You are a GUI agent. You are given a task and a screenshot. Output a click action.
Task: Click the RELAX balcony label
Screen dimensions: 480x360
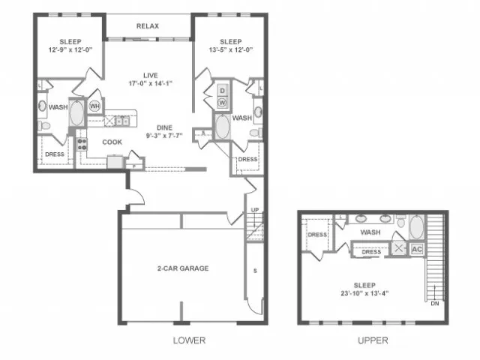[x=148, y=26]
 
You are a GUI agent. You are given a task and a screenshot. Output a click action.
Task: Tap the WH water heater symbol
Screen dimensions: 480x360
[x=94, y=106]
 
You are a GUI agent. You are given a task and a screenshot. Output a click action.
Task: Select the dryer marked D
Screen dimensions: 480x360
[x=223, y=91]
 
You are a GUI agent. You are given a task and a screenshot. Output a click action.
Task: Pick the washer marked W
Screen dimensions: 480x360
[x=223, y=103]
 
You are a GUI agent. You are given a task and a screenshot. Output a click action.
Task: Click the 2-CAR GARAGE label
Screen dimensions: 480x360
[x=183, y=268]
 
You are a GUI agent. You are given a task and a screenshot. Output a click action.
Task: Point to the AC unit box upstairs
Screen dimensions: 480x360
[x=417, y=249]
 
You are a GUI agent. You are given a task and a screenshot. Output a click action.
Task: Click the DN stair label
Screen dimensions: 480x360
[x=435, y=303]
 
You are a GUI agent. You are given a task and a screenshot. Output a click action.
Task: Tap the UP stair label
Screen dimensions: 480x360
[x=255, y=210]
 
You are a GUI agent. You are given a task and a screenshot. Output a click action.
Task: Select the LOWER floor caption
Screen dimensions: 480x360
[x=189, y=340]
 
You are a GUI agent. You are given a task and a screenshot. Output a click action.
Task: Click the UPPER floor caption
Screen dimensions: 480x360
[x=373, y=340]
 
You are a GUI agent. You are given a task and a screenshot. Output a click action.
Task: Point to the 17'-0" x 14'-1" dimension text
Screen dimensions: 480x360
[x=150, y=83]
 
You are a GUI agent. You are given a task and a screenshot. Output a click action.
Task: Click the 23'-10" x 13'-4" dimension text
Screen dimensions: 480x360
[x=364, y=293]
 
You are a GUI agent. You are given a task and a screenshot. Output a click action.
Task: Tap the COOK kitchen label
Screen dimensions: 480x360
[x=112, y=142]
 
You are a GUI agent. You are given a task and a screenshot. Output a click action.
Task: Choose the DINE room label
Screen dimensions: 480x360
[x=165, y=127]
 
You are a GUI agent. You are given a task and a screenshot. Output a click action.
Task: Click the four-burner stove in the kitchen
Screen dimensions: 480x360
[x=82, y=144]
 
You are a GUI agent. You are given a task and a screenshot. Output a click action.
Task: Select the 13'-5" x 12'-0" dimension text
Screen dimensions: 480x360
[x=231, y=49]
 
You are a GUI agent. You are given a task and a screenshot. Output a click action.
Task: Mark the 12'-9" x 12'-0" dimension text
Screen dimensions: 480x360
[x=70, y=49]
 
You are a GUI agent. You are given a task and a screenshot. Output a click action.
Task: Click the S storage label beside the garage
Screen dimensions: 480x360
[x=255, y=271]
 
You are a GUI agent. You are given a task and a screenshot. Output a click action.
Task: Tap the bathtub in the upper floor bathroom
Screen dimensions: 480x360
[x=417, y=226]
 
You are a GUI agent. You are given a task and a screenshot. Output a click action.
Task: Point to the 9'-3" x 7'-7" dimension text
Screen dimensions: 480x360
[x=164, y=136]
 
